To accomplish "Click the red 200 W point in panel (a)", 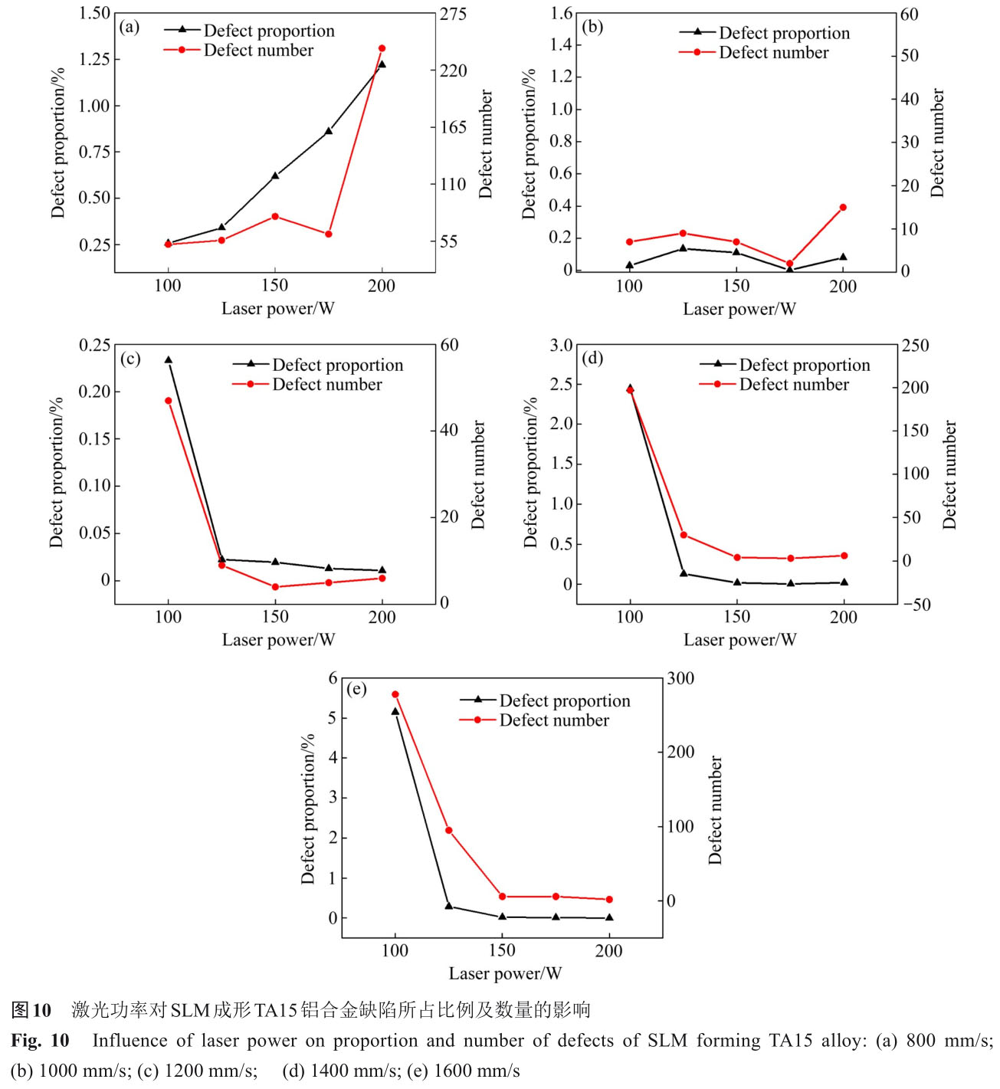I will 382,48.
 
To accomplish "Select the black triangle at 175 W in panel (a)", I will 329,131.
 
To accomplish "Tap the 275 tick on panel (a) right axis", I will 453,14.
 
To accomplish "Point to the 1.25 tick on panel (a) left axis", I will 95,59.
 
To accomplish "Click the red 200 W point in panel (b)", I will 843,207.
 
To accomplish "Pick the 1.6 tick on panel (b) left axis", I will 561,13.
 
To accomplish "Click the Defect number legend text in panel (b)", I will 773,53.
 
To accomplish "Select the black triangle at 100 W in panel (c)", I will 169,359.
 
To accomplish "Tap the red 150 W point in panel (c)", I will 275,587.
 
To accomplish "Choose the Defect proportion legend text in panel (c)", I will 337,366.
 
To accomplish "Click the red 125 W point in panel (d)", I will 684,535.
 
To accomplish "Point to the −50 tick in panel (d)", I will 916,604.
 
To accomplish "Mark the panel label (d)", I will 592,358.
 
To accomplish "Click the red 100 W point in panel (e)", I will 395,694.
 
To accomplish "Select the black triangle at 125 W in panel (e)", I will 449,906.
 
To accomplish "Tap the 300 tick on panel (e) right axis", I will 680,678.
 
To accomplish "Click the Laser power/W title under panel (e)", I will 505,973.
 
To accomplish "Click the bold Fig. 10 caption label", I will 40,1041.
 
